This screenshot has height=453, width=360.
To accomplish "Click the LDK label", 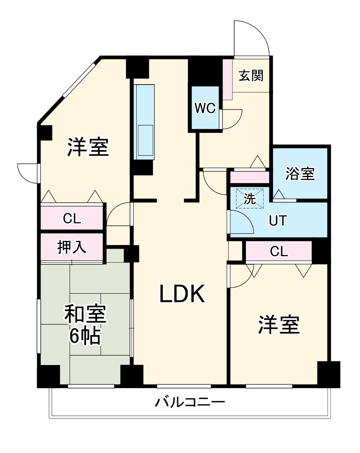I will [182, 294].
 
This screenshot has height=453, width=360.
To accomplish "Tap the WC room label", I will [205, 108].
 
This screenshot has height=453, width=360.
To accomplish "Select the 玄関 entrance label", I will [251, 76].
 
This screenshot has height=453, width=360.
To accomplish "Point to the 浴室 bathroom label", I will [300, 174].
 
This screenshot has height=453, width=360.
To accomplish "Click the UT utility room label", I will [278, 220].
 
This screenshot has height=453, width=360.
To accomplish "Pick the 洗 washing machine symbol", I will [250, 199].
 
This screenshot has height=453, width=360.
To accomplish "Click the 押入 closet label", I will [72, 247].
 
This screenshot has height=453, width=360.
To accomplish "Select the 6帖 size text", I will [85, 336].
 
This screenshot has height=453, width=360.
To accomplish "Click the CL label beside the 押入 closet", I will [72, 219].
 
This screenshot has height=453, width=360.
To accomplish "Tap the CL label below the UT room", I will [279, 251].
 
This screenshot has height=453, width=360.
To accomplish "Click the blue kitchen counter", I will [144, 122].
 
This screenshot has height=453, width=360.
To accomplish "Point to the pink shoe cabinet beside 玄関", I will [227, 79].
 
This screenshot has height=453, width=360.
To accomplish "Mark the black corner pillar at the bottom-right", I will [328, 374].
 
